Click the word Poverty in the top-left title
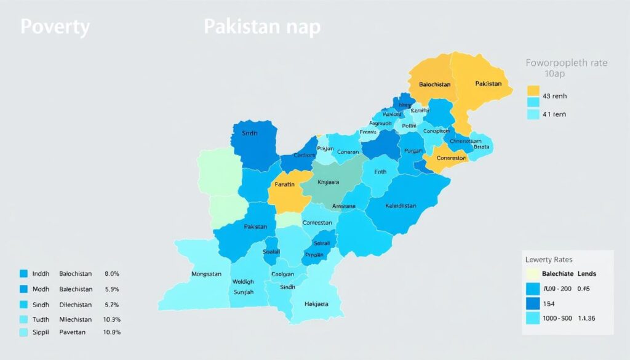(55, 28)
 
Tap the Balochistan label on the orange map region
(434, 84)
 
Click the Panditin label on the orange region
(284, 184)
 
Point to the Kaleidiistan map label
(409, 206)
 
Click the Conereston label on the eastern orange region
(452, 158)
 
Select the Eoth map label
(380, 172)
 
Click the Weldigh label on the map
(243, 282)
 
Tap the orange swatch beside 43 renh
(533, 90)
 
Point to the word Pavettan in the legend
(73, 332)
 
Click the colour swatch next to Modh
(24, 289)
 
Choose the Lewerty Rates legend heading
(549, 259)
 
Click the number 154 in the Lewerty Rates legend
(548, 303)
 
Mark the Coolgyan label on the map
(283, 274)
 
